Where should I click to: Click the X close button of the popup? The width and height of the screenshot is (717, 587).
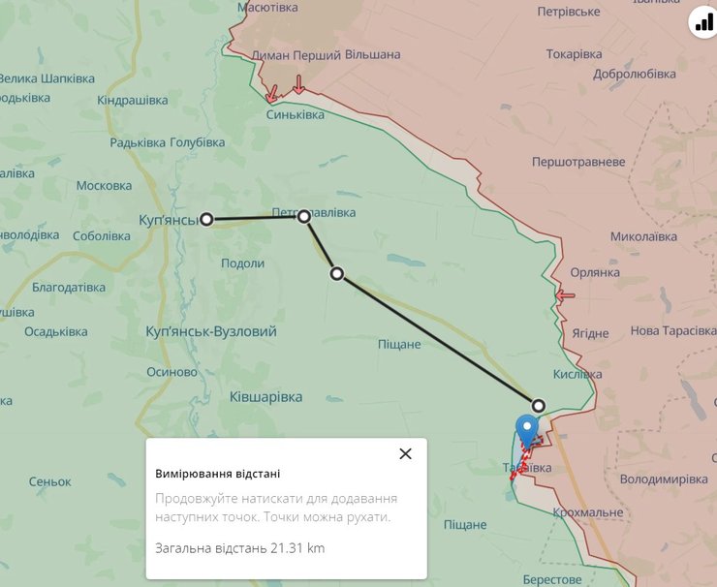(x=405, y=453)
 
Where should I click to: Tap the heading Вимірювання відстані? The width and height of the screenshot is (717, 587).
(x=218, y=474)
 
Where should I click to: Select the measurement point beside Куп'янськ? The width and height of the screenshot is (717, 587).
(x=206, y=219)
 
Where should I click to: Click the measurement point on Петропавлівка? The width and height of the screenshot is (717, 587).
(x=304, y=216)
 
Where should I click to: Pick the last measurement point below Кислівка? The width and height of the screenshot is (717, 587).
(x=539, y=405)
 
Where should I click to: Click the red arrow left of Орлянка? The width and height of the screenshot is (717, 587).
(x=565, y=294)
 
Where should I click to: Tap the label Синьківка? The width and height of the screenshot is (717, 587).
(x=296, y=114)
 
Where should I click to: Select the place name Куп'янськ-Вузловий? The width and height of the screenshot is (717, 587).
(x=210, y=331)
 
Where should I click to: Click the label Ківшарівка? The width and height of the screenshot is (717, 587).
(x=265, y=396)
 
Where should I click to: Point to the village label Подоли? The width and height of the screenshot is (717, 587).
(x=242, y=263)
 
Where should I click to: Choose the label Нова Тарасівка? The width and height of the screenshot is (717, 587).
(x=673, y=331)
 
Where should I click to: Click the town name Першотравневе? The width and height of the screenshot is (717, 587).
(x=578, y=162)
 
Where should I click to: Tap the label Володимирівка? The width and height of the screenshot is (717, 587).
(x=664, y=479)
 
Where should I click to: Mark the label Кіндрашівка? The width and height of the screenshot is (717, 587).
(x=133, y=101)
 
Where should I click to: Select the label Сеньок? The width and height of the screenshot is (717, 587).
(x=50, y=481)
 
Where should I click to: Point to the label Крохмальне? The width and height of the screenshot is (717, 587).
(x=588, y=511)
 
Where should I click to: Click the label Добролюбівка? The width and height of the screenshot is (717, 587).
(x=634, y=74)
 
